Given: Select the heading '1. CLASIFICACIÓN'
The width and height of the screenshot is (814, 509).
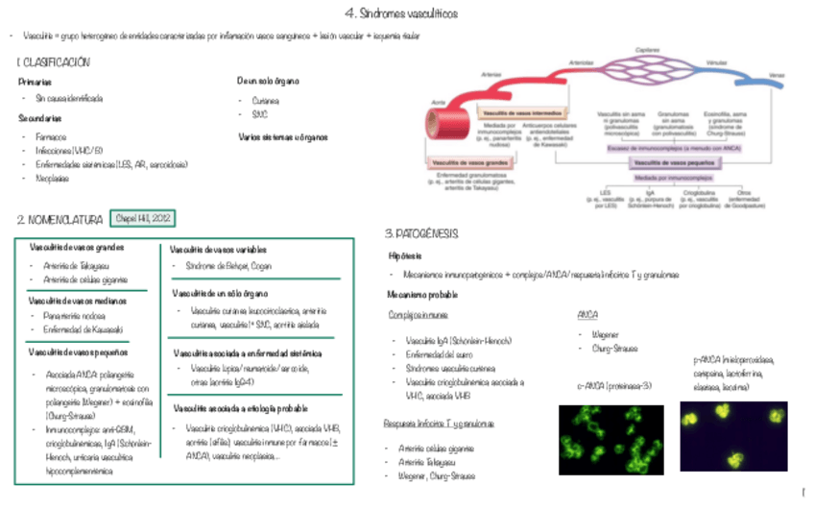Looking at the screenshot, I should point(54,62).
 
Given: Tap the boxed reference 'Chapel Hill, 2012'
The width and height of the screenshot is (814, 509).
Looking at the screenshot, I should point(143,219).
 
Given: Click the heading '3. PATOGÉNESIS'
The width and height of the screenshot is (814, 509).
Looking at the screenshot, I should point(420,234).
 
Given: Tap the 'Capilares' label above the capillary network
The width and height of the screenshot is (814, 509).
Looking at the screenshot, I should point(649,50).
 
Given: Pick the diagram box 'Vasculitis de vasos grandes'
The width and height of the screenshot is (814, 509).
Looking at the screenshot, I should point(469,163).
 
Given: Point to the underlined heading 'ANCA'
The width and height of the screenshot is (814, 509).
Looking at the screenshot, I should point(587,315).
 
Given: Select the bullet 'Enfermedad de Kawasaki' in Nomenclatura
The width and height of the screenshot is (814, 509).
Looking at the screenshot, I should point(81,329).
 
